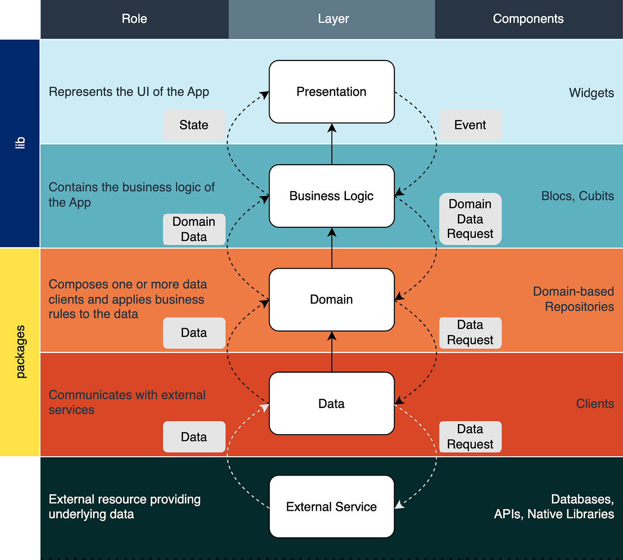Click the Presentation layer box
332,92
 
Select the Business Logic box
332,196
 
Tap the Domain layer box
332,300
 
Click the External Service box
332,507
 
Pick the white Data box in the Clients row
332,403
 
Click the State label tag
194,125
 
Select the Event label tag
470,125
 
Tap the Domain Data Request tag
470,219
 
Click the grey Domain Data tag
194,229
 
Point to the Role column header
134,19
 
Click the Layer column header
333,19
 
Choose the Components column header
528,19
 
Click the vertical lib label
20,143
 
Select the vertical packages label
20,352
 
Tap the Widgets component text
591,93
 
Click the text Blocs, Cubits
577,196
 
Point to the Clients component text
595,403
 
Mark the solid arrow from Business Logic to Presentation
332,144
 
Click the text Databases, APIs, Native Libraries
554,507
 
